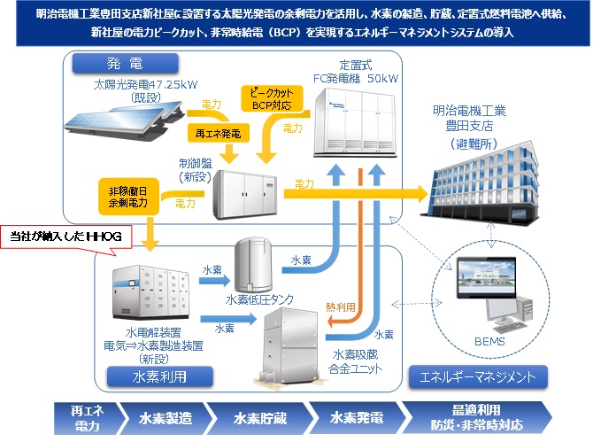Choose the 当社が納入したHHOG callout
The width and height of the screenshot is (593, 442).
click(x=72, y=237)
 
